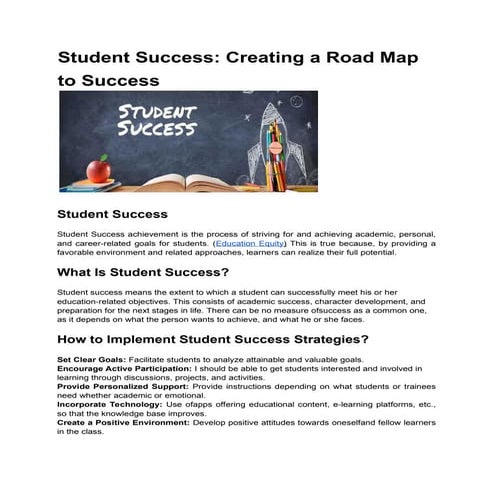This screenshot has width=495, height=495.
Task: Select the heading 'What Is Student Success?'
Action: [x=143, y=272]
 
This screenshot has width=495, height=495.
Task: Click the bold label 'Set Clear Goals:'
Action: [x=86, y=359]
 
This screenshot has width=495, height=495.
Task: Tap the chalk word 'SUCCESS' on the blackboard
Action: [x=155, y=130]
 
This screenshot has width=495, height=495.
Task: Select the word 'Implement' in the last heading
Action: [x=144, y=340]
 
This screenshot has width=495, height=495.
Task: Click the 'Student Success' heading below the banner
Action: [x=112, y=215]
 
